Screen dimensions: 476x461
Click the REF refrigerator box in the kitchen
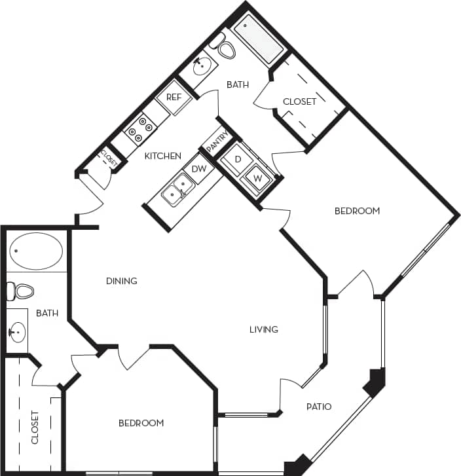click(x=174, y=97)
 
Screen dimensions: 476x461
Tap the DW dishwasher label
click(x=199, y=169)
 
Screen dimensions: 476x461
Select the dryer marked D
click(x=238, y=159)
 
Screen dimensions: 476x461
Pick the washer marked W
click(x=257, y=177)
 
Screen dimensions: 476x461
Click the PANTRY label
click(x=216, y=142)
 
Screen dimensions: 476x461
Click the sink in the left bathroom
click(x=17, y=332)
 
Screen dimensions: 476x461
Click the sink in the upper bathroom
click(x=203, y=65)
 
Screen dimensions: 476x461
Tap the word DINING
click(x=122, y=281)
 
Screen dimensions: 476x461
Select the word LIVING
click(x=263, y=329)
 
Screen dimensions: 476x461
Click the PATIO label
click(x=319, y=407)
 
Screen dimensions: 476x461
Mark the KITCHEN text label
click(x=163, y=156)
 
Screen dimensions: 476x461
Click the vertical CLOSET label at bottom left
click(x=35, y=427)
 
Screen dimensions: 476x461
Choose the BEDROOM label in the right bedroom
click(x=357, y=211)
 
